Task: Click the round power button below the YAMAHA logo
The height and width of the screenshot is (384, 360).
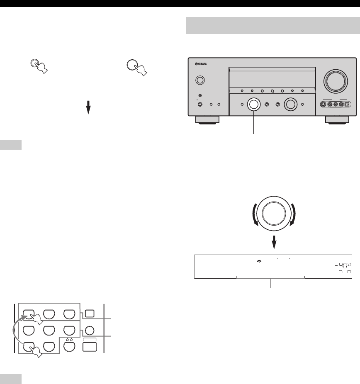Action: pos(200,79)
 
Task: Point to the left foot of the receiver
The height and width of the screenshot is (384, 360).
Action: pos(207,120)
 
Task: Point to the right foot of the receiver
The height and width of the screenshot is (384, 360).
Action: pos(337,120)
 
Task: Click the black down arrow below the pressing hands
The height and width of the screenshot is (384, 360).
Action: pos(88,107)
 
